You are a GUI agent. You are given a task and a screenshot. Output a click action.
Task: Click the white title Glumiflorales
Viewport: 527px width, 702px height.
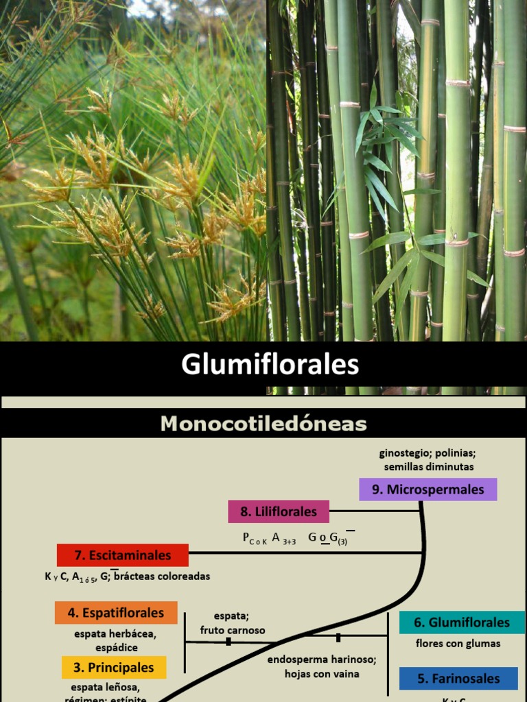270,365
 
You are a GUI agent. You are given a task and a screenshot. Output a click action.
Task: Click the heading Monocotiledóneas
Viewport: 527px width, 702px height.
263,424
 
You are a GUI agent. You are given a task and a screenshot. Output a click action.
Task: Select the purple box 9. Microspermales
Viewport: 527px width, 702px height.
428,489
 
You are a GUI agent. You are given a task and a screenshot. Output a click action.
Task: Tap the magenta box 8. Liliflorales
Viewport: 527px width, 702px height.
279,511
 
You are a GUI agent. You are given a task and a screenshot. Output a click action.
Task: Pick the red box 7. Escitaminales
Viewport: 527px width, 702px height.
122,555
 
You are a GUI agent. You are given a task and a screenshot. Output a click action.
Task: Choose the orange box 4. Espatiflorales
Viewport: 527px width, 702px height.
116,613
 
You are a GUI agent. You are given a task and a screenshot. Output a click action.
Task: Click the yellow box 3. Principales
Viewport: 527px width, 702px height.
114,668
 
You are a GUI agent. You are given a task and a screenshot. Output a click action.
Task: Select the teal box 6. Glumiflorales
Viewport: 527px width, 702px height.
462,622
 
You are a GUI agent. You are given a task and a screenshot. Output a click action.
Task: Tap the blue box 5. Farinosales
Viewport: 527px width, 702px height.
458,679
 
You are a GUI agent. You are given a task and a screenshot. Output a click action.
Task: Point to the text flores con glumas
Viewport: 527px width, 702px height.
458,644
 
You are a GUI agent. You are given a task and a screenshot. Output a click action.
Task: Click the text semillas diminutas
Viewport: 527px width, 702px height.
429,467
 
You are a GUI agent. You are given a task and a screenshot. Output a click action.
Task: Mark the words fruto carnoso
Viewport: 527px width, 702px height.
233,630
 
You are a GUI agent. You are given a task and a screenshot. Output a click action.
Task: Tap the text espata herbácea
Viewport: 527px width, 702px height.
115,634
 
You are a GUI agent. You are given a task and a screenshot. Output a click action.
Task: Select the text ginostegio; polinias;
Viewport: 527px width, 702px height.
428,453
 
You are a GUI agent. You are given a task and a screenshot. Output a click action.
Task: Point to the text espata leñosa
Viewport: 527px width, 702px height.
105,688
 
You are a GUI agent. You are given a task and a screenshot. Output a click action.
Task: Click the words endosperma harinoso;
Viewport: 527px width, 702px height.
322,660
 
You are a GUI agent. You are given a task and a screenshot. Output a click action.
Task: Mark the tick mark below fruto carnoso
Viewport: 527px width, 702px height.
228,642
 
